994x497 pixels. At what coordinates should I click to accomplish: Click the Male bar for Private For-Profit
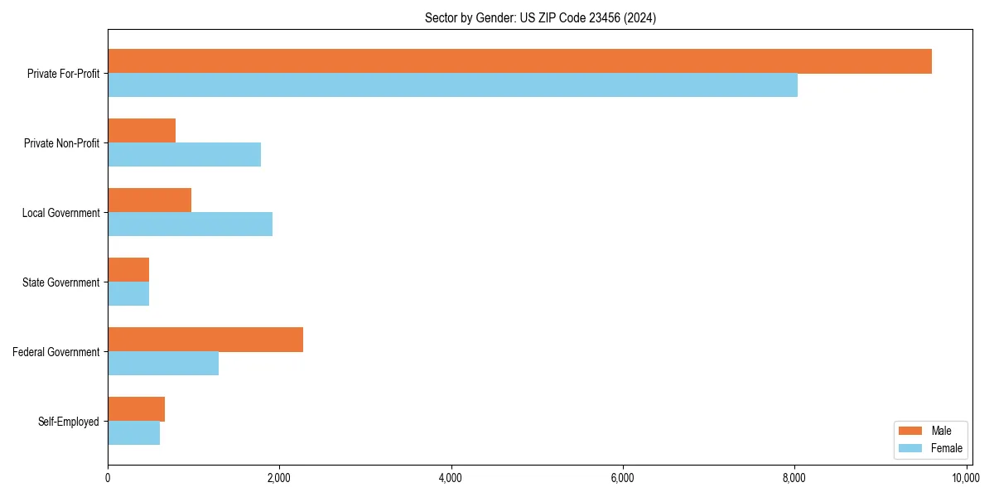[x=519, y=61]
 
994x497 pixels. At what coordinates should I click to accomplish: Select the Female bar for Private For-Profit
[x=452, y=85]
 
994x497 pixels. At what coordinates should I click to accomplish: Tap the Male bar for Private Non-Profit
[x=142, y=131]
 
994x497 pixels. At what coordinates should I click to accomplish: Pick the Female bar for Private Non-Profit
[x=184, y=155]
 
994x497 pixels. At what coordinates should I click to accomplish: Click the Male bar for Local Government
[x=149, y=200]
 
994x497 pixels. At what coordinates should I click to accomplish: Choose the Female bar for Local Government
[x=190, y=224]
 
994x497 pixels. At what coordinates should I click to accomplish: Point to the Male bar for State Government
[x=128, y=270]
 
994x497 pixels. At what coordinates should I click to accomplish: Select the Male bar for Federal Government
[x=205, y=340]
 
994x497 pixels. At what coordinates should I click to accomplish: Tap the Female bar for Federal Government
[x=163, y=364]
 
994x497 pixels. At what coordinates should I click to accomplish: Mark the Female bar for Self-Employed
[x=133, y=433]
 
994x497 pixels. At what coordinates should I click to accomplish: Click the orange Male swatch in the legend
[x=910, y=431]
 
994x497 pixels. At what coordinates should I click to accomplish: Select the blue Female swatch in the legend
[x=910, y=448]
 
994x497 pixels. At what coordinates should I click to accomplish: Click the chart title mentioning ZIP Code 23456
[x=540, y=18]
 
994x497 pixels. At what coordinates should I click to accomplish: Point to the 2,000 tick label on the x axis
[x=279, y=478]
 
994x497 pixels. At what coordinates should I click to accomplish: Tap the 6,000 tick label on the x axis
[x=622, y=478]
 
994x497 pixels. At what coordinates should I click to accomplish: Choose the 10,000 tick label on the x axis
[x=966, y=478]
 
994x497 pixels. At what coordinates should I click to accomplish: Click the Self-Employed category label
[x=69, y=422]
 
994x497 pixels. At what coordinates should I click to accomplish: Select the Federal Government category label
[x=56, y=352]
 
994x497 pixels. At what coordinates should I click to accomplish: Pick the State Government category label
[x=61, y=282]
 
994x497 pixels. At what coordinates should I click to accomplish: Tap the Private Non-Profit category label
[x=61, y=143]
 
